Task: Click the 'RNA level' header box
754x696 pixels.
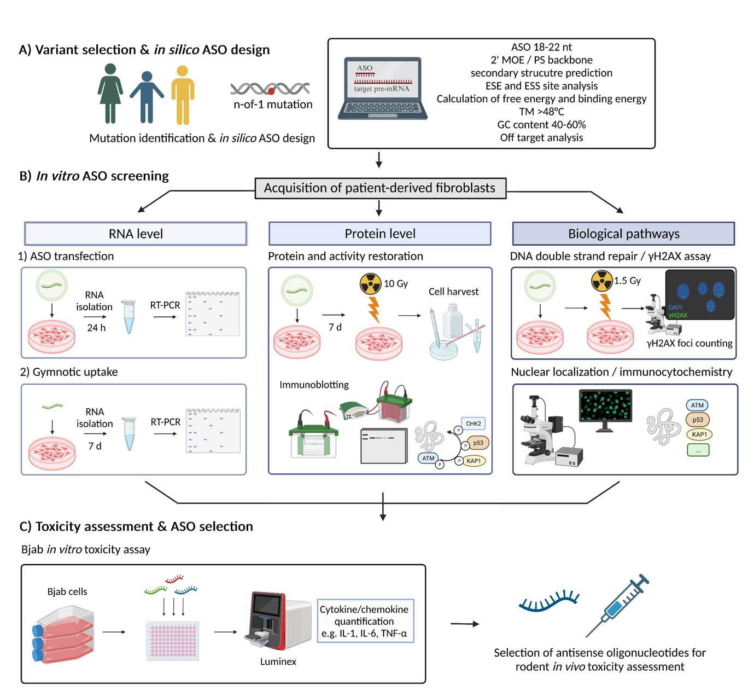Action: click(136, 234)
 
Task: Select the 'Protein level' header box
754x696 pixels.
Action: click(379, 234)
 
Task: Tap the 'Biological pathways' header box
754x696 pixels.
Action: click(623, 234)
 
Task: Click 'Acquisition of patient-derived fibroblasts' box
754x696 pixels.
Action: click(380, 188)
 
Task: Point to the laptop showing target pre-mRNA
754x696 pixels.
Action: click(382, 88)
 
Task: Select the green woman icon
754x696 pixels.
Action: click(110, 93)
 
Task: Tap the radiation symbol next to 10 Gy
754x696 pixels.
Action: click(370, 284)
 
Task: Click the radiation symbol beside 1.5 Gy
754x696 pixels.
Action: click(602, 281)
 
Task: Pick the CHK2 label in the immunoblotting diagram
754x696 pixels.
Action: click(473, 424)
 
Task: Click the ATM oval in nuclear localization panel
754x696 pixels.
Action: click(697, 405)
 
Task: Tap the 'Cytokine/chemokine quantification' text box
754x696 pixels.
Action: click(365, 621)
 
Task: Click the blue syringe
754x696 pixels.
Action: click(618, 605)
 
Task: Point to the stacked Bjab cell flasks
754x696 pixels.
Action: click(63, 635)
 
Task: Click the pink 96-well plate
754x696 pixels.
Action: click(173, 641)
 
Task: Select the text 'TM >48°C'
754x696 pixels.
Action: click(541, 112)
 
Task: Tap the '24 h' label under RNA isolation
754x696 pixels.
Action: click(96, 328)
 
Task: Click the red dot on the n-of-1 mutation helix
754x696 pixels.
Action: click(271, 91)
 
